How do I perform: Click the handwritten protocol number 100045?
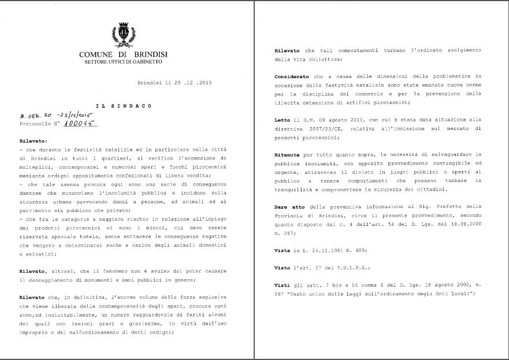tap(81, 123)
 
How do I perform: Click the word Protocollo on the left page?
tap(34, 124)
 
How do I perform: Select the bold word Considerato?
tap(292, 76)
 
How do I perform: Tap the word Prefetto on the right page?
tap(441, 206)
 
